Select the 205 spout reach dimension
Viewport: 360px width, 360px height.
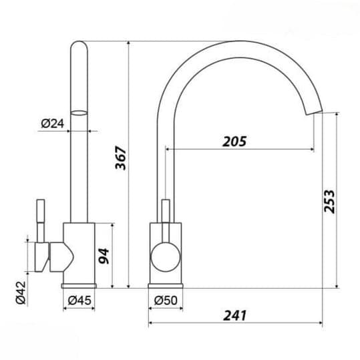[x=234, y=141]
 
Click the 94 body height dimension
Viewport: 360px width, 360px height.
[x=103, y=256]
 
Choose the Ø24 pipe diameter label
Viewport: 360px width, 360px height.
[x=51, y=123]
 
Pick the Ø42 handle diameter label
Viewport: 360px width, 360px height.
[x=20, y=291]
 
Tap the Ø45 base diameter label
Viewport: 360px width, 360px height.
[x=79, y=301]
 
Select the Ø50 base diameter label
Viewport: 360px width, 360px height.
[x=166, y=301]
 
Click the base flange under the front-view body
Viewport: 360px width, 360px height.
[x=80, y=285]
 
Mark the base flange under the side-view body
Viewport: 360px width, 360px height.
[x=165, y=285]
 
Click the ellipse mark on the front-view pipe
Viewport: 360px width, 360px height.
[x=79, y=114]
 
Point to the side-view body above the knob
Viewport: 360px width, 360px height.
[x=165, y=232]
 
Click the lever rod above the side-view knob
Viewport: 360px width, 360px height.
[x=165, y=214]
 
